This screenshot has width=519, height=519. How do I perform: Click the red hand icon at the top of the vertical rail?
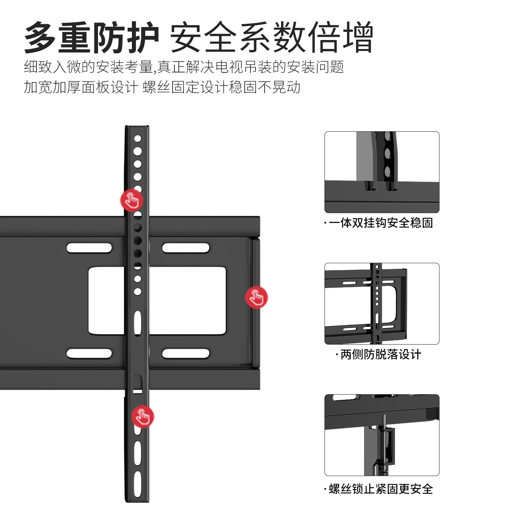click(132, 200)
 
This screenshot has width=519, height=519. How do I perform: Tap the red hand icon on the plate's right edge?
click(256, 297)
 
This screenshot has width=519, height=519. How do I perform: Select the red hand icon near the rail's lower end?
click(143, 416)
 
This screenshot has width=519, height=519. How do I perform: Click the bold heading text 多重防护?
click(92, 37)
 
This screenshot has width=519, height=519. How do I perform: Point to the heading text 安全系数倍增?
click(271, 37)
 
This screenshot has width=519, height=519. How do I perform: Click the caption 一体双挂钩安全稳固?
click(381, 223)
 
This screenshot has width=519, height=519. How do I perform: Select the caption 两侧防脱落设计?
click(381, 355)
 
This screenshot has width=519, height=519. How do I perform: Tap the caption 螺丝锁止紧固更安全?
click(381, 489)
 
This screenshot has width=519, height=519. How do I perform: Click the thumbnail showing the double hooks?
click(382, 172)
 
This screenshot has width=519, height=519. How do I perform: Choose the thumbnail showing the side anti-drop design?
click(382, 303)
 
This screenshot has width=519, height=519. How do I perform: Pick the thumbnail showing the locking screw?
click(382, 435)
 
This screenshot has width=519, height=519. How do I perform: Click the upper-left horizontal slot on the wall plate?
click(89, 248)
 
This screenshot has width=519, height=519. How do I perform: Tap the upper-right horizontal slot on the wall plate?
click(186, 248)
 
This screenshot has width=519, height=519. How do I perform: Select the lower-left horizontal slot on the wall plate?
click(89, 354)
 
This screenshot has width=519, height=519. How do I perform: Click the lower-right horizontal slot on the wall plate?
click(186, 354)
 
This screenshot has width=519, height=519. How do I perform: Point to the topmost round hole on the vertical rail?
click(137, 139)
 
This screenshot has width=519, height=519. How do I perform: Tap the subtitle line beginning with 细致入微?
click(184, 67)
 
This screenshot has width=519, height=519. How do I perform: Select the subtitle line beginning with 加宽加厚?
click(162, 87)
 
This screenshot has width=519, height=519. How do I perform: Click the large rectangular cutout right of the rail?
click(187, 300)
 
